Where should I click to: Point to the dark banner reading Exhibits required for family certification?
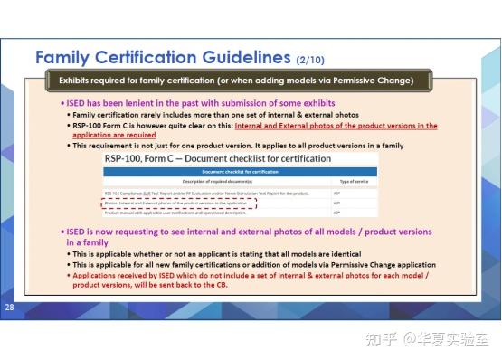tap(235, 81)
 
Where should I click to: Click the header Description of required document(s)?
tap(203, 182)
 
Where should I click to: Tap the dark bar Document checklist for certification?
tap(239, 172)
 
